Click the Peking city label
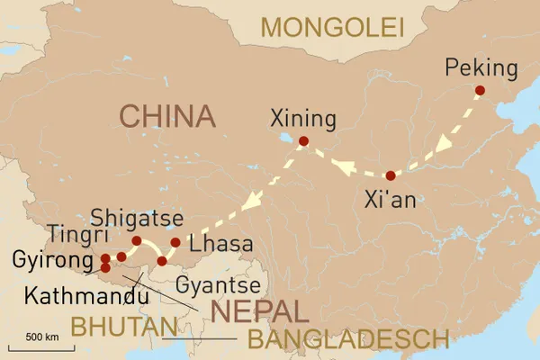click(481, 68)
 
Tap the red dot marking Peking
click(479, 90)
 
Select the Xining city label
click(303, 119)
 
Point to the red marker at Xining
click(303, 140)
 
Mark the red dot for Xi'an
click(390, 175)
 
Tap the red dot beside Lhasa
click(175, 242)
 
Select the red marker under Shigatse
click(137, 241)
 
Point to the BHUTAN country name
click(124, 327)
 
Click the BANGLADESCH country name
click(347, 339)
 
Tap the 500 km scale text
click(41, 337)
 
